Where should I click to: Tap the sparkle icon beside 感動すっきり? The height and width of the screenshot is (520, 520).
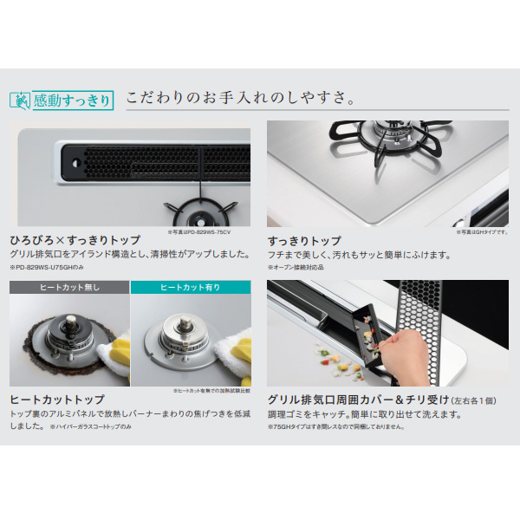[20, 100]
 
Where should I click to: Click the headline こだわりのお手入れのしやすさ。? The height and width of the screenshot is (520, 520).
[239, 96]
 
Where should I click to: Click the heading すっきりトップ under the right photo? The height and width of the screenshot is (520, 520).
[304, 240]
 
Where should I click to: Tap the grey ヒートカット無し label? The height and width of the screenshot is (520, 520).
[68, 287]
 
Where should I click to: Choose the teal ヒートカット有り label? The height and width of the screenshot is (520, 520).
[190, 287]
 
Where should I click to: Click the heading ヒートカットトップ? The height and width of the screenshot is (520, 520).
[57, 400]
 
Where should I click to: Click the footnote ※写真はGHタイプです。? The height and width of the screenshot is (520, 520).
[481, 232]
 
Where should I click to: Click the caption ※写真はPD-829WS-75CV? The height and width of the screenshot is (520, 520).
[213, 232]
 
